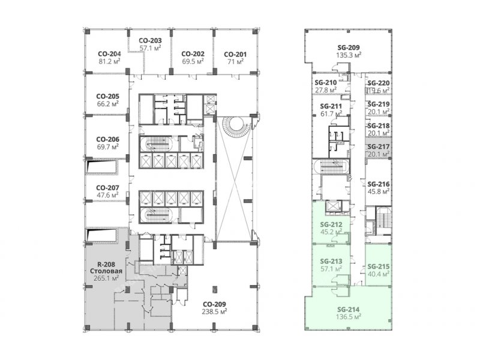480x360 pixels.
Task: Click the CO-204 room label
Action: pos(109,54)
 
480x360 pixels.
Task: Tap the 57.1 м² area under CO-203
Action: pos(151,48)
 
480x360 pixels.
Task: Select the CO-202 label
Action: pos(193,54)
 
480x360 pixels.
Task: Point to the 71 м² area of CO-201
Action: pos(235,61)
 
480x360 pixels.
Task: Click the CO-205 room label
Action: pos(108,96)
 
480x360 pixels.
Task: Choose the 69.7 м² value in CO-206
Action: pos(108,146)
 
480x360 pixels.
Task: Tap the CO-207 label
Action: pos(107,188)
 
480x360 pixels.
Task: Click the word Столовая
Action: pos(106,271)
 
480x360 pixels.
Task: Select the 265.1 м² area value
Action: pos(106,278)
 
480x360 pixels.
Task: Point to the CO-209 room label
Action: pos(214,304)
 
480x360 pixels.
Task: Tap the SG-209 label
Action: pos(349,48)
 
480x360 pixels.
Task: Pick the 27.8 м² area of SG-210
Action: pos(326,90)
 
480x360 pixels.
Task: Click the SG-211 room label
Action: pos(331,107)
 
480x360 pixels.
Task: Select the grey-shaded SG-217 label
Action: pos(379,147)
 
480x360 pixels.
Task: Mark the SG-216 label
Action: pos(379,184)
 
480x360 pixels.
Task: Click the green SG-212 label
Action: pos(331,224)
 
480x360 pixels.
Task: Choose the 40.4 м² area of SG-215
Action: pos(379,274)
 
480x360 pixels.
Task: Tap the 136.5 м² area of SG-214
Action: pos(349,317)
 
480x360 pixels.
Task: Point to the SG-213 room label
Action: pos(331,262)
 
